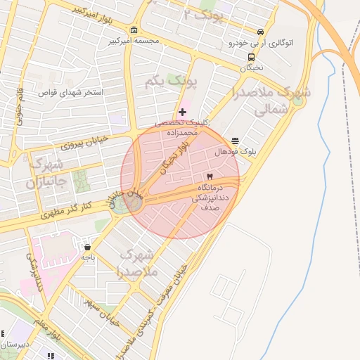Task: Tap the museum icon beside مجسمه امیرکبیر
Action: (134, 30)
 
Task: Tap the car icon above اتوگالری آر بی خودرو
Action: (261, 32)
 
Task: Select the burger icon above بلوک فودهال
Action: (235, 141)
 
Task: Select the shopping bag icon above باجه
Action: (87, 247)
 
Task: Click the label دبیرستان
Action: (14, 345)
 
